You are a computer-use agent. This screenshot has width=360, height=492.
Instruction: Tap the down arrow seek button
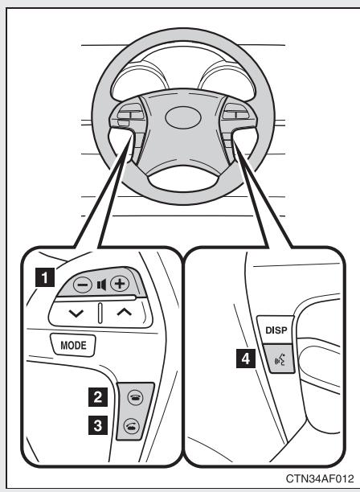coord(77,311)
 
